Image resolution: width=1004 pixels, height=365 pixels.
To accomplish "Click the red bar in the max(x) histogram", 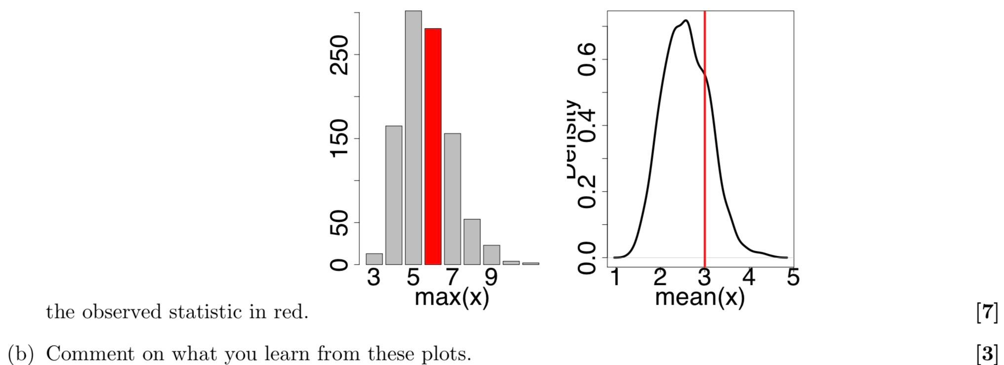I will (433, 146).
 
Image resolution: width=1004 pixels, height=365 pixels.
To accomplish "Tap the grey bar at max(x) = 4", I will (393, 195).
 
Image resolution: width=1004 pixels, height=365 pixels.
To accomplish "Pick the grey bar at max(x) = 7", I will (452, 199).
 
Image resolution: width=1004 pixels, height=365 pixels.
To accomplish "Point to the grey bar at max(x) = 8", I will (472, 242).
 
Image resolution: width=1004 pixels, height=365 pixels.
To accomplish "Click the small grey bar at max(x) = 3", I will (374, 259).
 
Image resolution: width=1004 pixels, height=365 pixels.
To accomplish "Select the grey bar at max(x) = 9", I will (491, 254).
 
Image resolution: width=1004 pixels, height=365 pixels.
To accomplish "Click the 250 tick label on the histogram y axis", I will (340, 55).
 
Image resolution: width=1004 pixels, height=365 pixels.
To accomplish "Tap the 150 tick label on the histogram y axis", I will (340, 139).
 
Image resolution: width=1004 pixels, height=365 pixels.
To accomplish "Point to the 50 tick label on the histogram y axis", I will (340, 223).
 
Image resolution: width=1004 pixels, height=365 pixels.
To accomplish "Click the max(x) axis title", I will (452, 297).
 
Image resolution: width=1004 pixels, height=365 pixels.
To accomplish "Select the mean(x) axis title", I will (699, 297).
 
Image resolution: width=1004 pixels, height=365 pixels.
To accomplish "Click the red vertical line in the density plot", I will (704, 148).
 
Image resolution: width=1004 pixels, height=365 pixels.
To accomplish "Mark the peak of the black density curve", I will (686, 21).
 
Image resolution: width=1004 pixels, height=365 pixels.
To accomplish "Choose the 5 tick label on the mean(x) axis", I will (793, 277).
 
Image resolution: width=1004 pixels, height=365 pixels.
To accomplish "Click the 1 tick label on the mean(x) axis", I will (615, 277).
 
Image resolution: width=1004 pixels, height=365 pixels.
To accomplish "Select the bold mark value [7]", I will (987, 313).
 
